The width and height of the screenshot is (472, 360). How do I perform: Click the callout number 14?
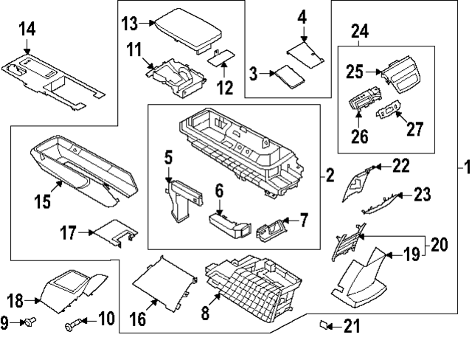click(x=27, y=30)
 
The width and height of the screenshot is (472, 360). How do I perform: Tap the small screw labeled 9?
click(x=29, y=322)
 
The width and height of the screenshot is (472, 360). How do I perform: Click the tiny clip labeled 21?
click(x=324, y=323)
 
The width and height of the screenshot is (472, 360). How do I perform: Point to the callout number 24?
click(x=360, y=32)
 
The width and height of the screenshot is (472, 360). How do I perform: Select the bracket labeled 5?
click(x=179, y=197)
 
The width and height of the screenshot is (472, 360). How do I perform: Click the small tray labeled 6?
click(x=228, y=224)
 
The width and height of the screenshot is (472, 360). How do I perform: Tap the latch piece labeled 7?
click(x=271, y=230)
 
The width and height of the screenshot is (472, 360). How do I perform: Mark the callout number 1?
click(x=464, y=168)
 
